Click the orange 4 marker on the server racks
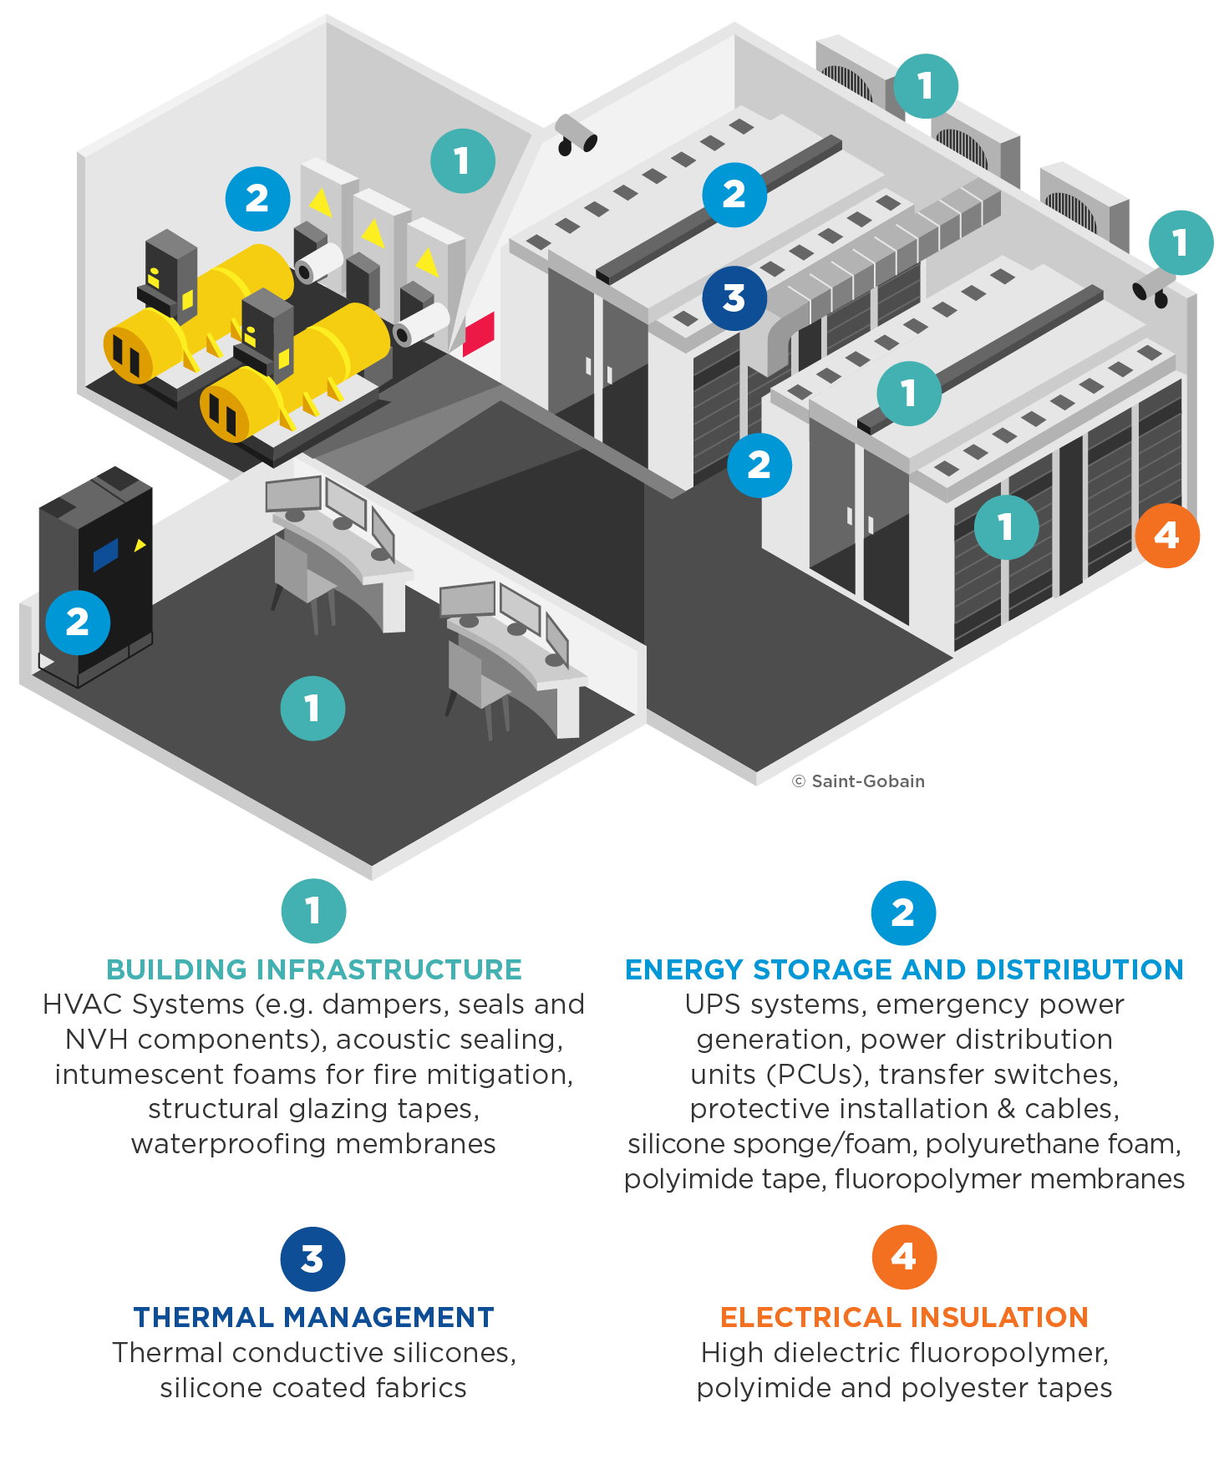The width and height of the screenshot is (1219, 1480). pyautogui.click(x=1167, y=536)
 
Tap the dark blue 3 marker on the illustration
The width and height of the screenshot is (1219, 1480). pyautogui.click(x=734, y=298)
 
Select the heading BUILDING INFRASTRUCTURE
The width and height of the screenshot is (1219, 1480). pyautogui.click(x=314, y=969)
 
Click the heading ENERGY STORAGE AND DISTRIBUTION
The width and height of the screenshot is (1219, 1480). pyautogui.click(x=904, y=969)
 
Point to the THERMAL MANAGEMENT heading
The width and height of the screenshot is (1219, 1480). pyautogui.click(x=314, y=1317)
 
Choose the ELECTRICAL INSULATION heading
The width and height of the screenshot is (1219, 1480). pyautogui.click(x=904, y=1317)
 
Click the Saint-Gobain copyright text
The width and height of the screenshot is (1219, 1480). pyautogui.click(x=859, y=781)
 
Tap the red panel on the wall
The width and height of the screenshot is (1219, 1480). pyautogui.click(x=479, y=334)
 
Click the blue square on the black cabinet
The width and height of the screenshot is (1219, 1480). pyautogui.click(x=105, y=554)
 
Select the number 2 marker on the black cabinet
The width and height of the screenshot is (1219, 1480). pyautogui.click(x=78, y=623)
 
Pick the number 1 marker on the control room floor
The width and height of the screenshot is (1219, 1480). pyautogui.click(x=312, y=709)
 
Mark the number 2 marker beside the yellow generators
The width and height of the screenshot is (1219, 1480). pyautogui.click(x=257, y=199)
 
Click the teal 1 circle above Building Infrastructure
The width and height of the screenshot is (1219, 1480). pyautogui.click(x=313, y=911)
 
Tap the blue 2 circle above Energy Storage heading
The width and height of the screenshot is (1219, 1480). pyautogui.click(x=903, y=913)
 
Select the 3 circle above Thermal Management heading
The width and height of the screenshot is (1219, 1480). pyautogui.click(x=312, y=1259)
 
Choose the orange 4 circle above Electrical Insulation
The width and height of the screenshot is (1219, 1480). pyautogui.click(x=904, y=1258)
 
